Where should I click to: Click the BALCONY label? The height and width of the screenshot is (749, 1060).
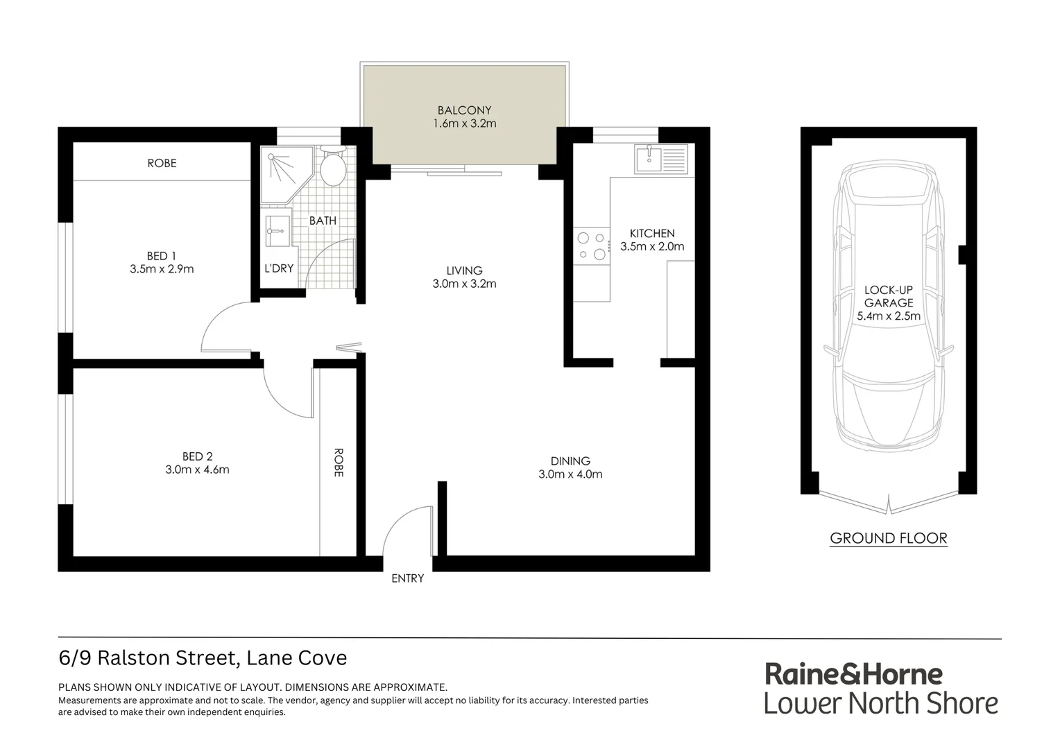(464, 110)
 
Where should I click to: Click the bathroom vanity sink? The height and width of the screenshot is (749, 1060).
(278, 230)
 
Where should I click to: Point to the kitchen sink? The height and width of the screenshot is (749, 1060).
(650, 159)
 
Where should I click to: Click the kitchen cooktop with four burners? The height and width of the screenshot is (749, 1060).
(591, 246)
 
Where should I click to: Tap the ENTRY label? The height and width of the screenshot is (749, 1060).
(407, 578)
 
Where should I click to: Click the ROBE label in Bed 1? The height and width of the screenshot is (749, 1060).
(162, 164)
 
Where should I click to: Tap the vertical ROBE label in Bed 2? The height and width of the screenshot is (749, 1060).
(339, 463)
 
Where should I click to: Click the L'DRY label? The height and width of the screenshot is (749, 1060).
(279, 268)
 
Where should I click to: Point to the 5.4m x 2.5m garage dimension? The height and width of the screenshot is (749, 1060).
(889, 316)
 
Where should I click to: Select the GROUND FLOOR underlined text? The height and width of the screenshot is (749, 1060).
(889, 538)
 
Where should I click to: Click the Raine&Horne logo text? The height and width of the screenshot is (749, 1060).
(853, 674)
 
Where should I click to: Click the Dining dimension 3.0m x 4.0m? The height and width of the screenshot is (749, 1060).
(570, 475)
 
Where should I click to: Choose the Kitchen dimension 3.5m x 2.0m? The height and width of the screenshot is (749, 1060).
(652, 247)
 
